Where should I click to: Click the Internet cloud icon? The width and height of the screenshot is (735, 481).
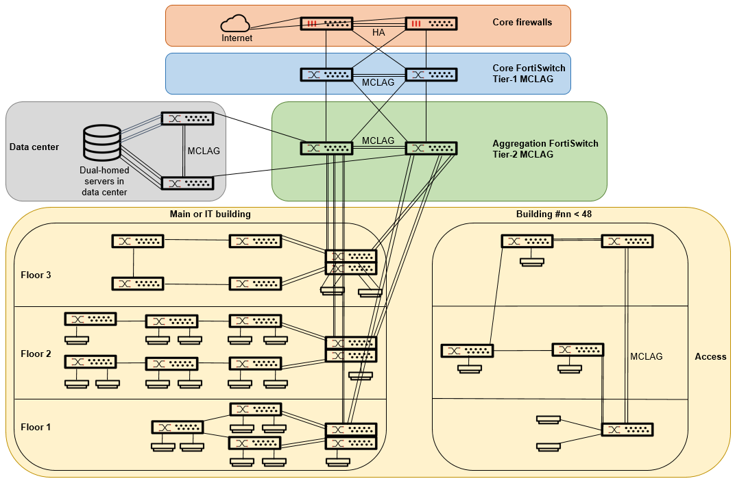click(x=237, y=24)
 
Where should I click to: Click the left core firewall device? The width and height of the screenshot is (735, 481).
click(x=326, y=23)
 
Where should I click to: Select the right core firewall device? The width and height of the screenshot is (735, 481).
click(x=431, y=23)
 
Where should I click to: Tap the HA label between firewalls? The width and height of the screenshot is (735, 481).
click(x=378, y=32)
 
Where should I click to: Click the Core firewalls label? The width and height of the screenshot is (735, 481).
click(x=522, y=23)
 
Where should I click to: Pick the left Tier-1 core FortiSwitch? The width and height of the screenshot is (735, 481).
click(x=326, y=75)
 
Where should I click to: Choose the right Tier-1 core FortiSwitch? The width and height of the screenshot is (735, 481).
click(x=431, y=75)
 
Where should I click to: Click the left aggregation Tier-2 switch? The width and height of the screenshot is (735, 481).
click(x=326, y=148)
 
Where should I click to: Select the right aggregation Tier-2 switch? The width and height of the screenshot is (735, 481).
click(x=431, y=148)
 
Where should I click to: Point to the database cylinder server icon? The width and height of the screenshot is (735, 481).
click(x=101, y=143)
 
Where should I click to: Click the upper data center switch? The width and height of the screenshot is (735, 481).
click(x=187, y=119)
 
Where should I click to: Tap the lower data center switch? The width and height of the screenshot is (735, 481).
click(x=187, y=183)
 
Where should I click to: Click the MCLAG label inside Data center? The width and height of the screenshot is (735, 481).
click(x=203, y=151)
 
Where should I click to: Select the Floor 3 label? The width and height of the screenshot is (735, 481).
click(x=36, y=275)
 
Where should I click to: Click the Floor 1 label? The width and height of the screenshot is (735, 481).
click(x=36, y=427)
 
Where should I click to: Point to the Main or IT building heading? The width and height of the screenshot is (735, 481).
click(x=210, y=214)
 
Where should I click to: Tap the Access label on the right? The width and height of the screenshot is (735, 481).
click(x=710, y=356)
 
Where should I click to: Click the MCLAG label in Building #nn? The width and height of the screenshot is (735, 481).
click(x=647, y=356)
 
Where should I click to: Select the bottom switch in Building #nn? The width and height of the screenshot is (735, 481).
click(x=627, y=430)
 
